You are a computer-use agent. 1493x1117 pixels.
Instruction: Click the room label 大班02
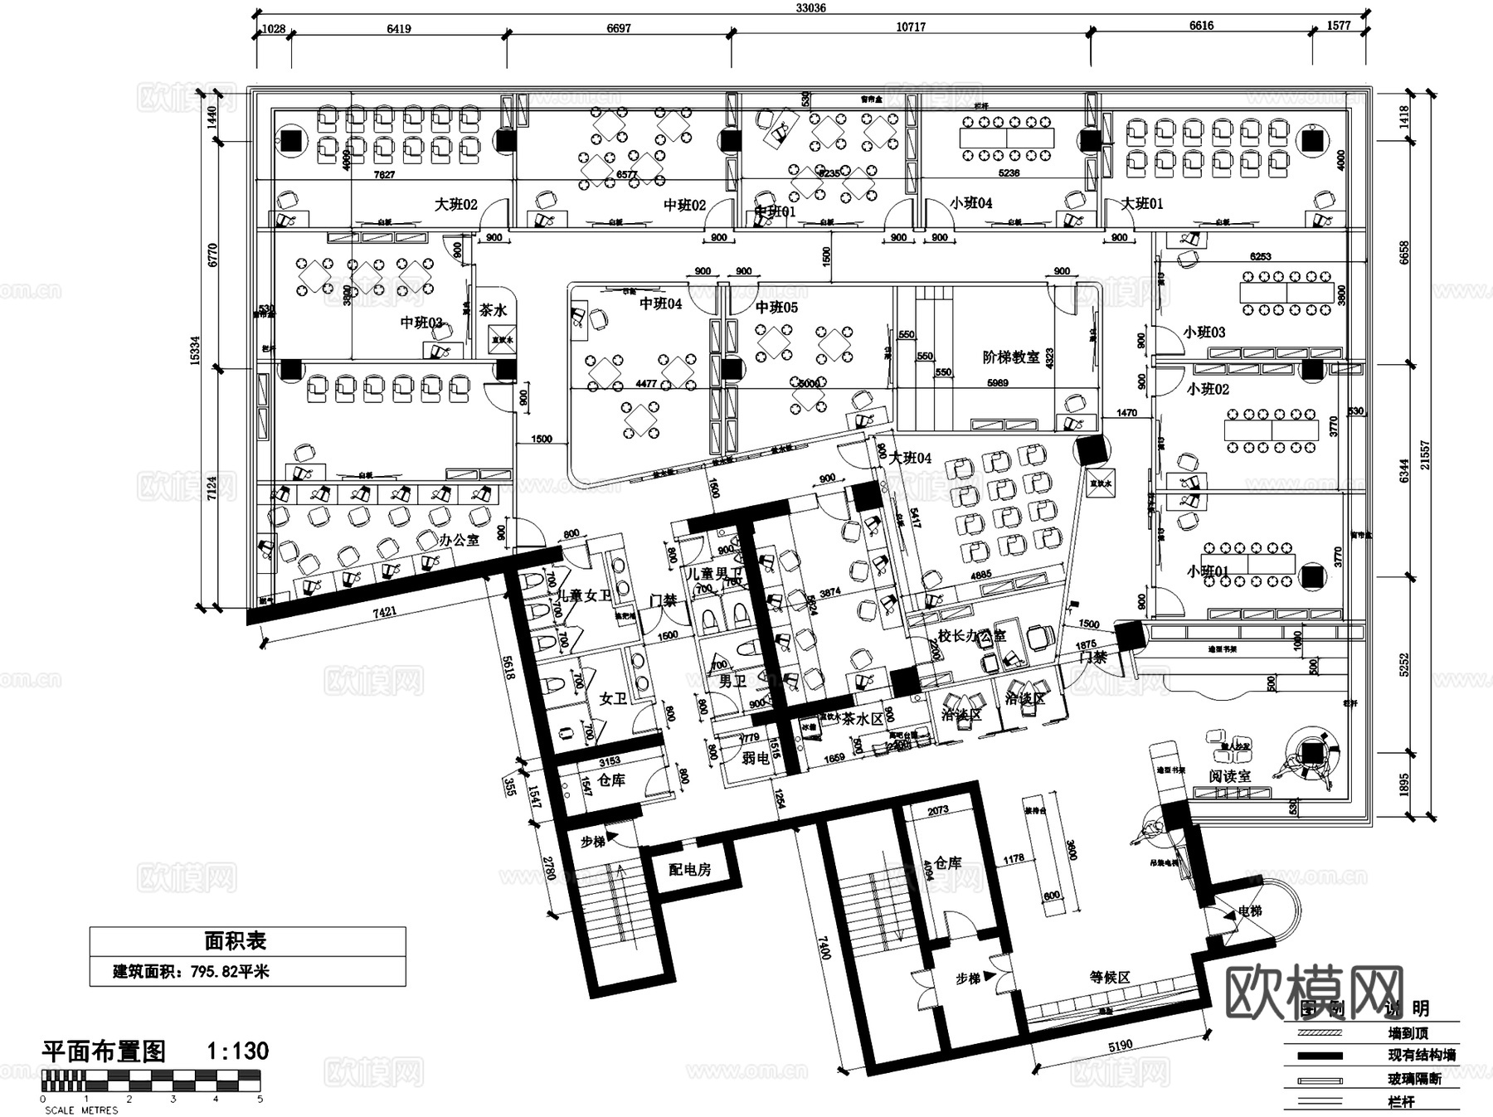point(456,204)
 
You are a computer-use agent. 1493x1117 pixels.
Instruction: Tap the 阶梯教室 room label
point(1010,357)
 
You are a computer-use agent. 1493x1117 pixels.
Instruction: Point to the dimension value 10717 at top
point(910,27)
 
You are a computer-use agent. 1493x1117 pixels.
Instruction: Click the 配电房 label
point(690,870)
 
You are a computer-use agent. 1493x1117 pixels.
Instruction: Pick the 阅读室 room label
point(1229,776)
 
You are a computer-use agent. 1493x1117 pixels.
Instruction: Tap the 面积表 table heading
point(235,941)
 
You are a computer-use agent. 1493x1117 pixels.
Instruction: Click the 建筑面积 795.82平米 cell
point(191,971)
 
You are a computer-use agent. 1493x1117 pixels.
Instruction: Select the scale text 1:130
point(237,1051)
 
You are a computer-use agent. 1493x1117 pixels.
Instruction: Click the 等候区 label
point(1110,978)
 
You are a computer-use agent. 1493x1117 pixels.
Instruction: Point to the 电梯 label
point(1250,911)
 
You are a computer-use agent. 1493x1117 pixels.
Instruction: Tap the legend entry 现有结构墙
point(1422,1056)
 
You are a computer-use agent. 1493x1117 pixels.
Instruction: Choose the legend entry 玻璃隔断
point(1415,1079)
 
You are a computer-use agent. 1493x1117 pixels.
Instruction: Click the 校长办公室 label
point(971,636)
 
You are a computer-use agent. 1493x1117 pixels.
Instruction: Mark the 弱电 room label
point(756,757)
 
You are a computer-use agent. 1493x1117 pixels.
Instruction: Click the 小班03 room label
point(1204,333)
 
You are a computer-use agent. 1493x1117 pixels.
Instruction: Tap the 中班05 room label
point(776,308)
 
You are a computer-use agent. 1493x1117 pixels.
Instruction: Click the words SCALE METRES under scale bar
point(81,1110)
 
